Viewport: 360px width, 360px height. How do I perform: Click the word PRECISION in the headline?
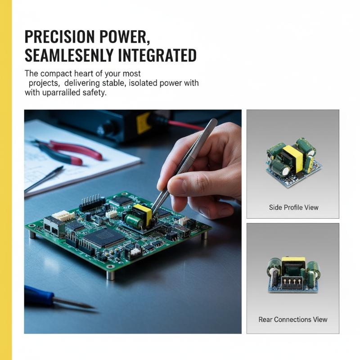[x=59, y=37]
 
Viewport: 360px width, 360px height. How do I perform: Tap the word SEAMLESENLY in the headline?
[x=69, y=55]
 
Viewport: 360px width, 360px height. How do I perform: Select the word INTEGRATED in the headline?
[x=157, y=55]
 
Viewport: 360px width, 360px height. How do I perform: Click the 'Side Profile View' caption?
[x=294, y=207]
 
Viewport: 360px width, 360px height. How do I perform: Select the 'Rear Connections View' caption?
[x=293, y=319]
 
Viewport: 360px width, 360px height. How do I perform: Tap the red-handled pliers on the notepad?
[x=69, y=152]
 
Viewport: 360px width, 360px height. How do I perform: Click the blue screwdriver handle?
[x=39, y=295]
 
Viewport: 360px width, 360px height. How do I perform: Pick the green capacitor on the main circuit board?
[x=133, y=220]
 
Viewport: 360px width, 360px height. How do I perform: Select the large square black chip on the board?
[x=104, y=238]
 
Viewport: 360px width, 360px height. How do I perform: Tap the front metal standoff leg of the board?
[x=111, y=275]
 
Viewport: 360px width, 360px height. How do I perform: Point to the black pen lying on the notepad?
[x=44, y=179]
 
